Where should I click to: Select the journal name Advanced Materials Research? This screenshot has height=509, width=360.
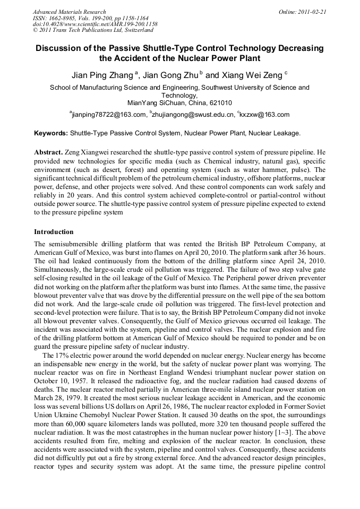69,11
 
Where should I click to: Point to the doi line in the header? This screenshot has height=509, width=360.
95,24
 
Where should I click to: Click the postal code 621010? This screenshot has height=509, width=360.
220,103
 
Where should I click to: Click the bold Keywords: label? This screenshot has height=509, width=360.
51,133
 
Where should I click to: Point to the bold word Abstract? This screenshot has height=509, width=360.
49,152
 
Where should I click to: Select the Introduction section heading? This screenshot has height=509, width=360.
54,232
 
